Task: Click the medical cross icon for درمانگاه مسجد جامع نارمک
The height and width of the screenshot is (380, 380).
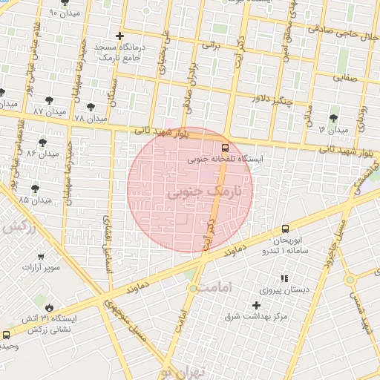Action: point(119,36)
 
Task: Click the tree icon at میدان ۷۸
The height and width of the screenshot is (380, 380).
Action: point(91,108)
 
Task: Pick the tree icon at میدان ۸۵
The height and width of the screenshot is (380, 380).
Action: point(36,189)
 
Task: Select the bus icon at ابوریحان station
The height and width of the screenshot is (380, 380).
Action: point(286,230)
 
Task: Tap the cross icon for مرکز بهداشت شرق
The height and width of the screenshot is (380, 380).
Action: point(257,305)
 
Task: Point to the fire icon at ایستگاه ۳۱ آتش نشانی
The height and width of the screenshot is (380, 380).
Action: point(49,307)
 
